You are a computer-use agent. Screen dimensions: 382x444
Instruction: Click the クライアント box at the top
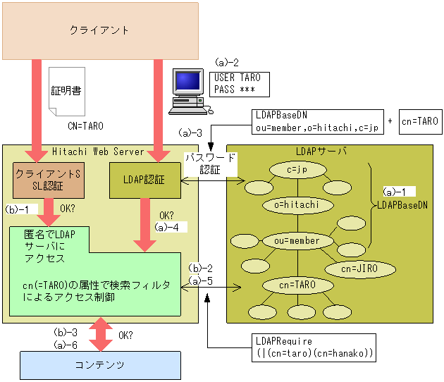point(99,30)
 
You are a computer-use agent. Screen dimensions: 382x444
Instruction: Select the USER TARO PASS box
point(238,83)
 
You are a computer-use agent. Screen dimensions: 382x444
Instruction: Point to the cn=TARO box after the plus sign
point(419,121)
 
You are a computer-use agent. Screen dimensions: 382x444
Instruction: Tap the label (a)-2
point(226,63)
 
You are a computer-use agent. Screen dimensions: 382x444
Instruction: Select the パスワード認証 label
point(209,164)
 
